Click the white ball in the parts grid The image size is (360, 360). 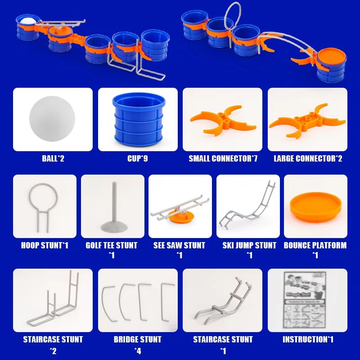[53, 119]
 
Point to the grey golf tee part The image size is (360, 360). [112, 207]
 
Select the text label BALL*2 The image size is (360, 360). [53, 158]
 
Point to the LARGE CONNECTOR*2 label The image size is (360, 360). [308, 158]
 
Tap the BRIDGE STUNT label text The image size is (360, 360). [138, 339]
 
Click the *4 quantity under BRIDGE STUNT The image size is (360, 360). [138, 351]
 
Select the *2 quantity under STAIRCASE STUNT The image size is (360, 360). [53, 351]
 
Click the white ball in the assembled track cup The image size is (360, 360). [26, 21]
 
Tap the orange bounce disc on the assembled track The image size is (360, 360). [331, 58]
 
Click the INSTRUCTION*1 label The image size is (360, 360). [308, 339]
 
